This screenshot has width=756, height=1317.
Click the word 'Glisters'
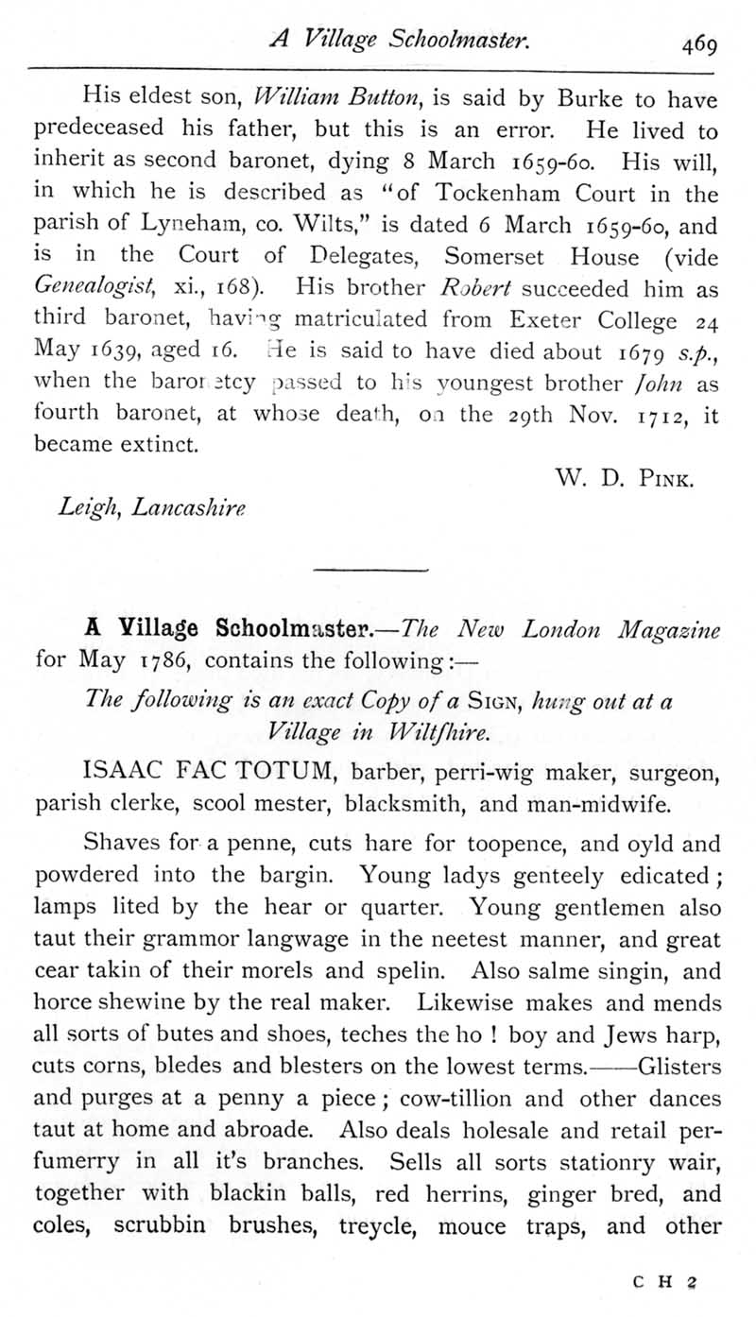pyautogui.click(x=679, y=1069)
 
